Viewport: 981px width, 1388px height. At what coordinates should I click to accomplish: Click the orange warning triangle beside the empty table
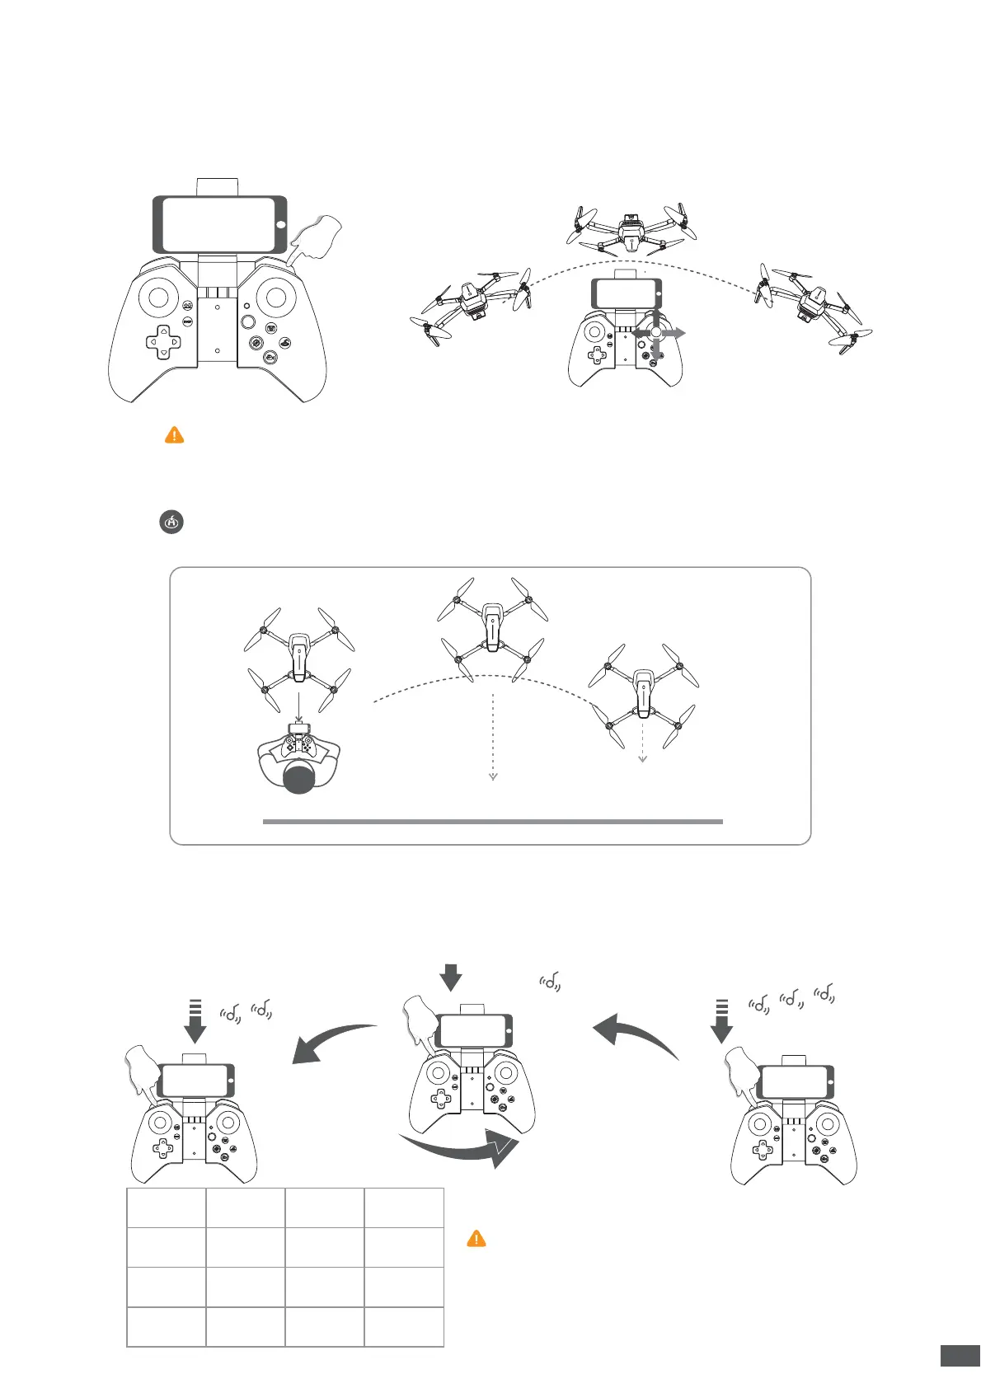(476, 1238)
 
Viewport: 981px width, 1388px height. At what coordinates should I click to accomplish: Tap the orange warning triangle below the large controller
(174, 435)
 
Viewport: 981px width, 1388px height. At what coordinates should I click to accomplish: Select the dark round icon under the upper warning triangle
(171, 522)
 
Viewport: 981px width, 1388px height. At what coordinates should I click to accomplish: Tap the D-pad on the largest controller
(163, 342)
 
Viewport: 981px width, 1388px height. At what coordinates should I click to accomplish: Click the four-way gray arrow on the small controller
(657, 332)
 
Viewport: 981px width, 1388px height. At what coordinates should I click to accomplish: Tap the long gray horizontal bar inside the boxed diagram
(492, 822)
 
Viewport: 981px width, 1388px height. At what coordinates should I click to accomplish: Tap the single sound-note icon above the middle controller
(551, 981)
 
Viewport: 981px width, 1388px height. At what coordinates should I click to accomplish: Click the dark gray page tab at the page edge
(960, 1355)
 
